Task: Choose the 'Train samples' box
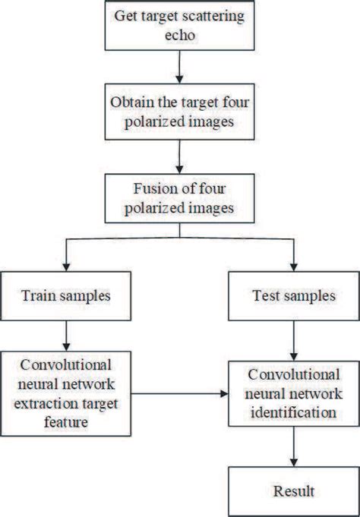tap(68, 294)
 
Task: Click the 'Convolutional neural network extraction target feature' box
tap(68, 394)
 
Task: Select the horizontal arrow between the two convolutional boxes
tap(182, 395)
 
